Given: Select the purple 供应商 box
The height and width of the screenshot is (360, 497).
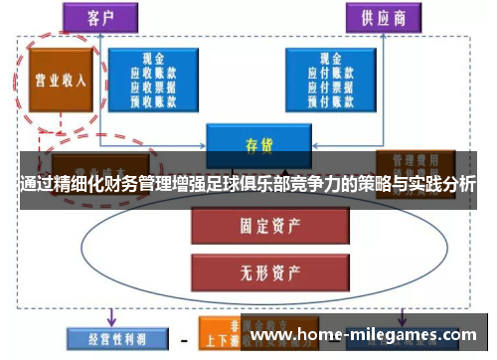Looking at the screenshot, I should (x=382, y=17).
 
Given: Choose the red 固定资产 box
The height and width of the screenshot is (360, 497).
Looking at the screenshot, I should (x=256, y=226).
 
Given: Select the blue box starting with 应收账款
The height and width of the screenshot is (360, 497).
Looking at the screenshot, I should (x=153, y=81).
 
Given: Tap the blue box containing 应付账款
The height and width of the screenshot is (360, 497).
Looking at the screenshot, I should (x=328, y=81).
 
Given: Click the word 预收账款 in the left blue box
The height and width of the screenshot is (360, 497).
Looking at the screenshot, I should (x=153, y=99).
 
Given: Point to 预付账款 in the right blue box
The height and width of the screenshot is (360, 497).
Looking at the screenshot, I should (x=328, y=99).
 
